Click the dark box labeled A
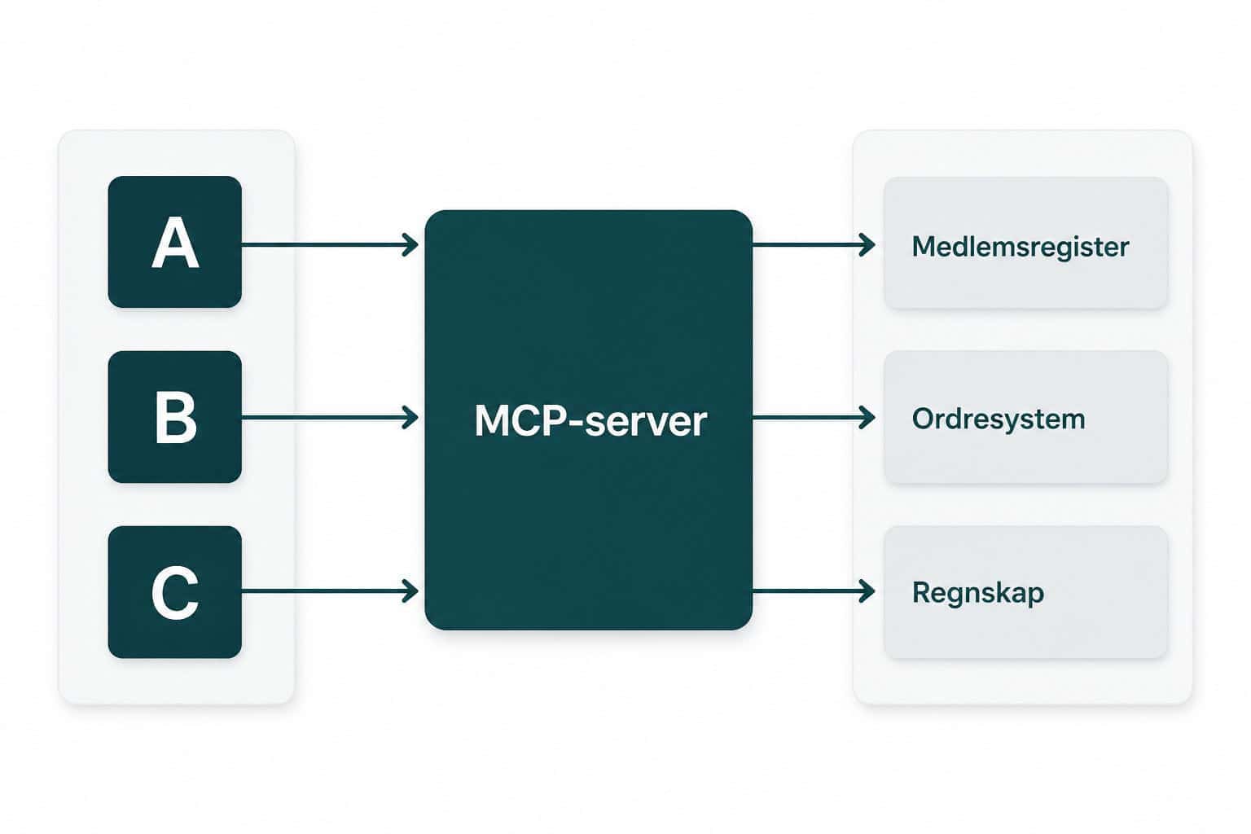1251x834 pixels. (175, 242)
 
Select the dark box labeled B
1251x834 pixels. (175, 417)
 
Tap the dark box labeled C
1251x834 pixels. (175, 592)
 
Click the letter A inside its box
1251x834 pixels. (175, 243)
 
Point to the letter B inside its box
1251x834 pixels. (176, 417)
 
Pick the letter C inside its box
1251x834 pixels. (175, 593)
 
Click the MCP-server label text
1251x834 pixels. (590, 421)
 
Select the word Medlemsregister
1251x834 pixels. (1021, 247)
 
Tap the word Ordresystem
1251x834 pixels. (999, 419)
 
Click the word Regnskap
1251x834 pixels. (978, 593)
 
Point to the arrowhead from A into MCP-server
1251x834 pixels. (410, 245)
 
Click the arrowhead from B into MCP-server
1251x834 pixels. (410, 418)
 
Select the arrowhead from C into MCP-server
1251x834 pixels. (410, 591)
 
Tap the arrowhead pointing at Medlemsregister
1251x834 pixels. (867, 245)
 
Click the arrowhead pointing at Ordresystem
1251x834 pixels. (867, 418)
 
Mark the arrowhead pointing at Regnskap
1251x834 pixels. (867, 591)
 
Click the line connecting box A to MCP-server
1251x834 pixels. (330, 245)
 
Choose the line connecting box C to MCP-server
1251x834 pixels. (330, 591)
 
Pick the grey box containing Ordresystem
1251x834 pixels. (1026, 417)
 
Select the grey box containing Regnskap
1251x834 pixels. (1026, 592)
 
